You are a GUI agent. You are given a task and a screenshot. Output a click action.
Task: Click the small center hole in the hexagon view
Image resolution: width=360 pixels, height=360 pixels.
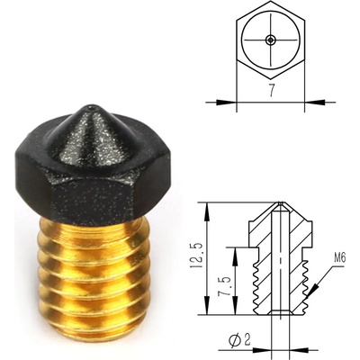270,40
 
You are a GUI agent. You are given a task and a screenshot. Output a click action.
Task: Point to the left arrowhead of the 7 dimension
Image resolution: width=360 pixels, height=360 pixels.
235,99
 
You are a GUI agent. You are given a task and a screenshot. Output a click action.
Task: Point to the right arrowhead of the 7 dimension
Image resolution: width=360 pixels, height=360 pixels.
304,99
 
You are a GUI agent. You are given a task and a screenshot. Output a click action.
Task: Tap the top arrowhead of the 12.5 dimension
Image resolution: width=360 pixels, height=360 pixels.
209,206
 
